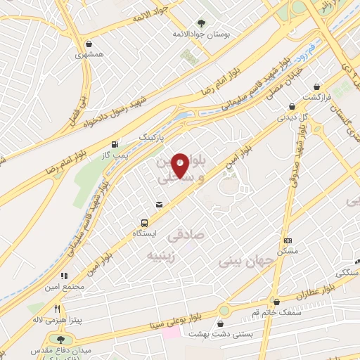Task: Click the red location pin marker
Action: point(180,165)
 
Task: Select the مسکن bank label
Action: point(288,250)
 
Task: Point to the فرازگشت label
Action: point(316,95)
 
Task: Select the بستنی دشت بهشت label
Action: point(221,335)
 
